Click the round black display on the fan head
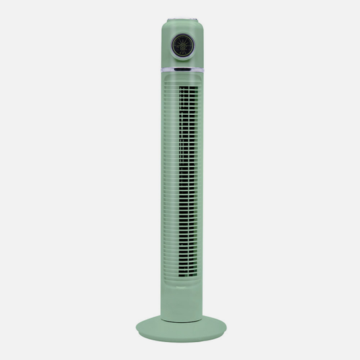181,45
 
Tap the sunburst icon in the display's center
181,44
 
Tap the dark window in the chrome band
181,70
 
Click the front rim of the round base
181,335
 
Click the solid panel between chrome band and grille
181,77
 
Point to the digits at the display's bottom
181,53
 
